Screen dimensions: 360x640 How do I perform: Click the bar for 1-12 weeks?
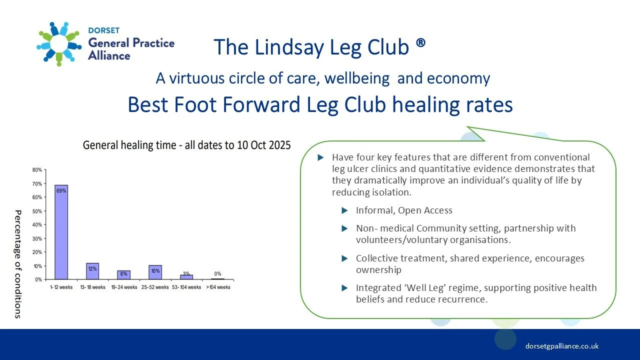tap(61, 232)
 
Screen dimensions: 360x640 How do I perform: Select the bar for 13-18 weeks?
tap(92, 271)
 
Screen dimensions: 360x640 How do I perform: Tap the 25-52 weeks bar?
tap(155, 272)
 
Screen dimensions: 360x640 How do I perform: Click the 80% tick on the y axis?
tap(37, 170)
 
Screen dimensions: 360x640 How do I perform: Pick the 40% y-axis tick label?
tap(37, 225)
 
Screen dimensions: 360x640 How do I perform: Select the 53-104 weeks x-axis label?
tap(186, 287)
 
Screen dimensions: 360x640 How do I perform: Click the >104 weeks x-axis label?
tap(217, 287)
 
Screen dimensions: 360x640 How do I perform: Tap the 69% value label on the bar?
tap(61, 190)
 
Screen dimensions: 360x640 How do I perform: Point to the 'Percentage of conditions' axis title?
tap(18, 264)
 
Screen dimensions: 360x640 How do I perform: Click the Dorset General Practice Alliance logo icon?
tap(59, 43)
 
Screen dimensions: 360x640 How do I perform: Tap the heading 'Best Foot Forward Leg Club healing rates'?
tap(320, 104)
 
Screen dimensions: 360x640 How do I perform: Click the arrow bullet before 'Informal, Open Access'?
tap(344, 210)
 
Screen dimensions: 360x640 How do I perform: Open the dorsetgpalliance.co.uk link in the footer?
tap(562, 346)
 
